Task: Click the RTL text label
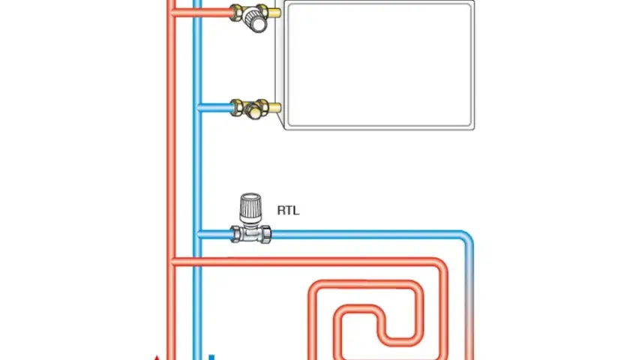288,211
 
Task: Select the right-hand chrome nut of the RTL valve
265,235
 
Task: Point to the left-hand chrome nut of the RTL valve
235,234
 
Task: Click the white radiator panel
379,65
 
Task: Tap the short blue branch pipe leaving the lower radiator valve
215,108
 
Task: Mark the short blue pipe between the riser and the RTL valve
214,234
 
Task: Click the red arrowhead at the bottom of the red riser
157,357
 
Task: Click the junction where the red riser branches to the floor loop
172,262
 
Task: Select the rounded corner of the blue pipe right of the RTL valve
466,237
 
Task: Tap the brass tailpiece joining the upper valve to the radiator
274,12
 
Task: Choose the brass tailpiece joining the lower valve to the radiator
275,108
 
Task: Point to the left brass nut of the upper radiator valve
237,12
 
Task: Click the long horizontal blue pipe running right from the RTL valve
366,234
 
